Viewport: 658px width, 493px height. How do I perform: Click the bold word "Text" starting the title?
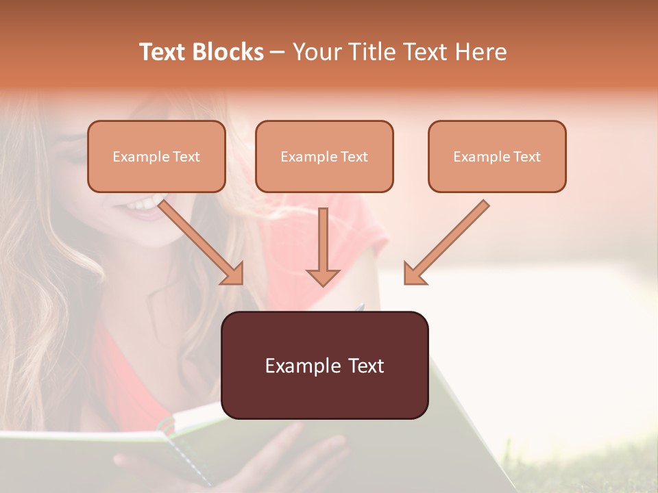(x=162, y=52)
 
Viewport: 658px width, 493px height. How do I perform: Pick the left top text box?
(x=156, y=156)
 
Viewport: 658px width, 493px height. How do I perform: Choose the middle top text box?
(x=324, y=156)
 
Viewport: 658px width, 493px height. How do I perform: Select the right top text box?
(x=497, y=156)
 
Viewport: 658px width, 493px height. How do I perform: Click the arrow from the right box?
(x=446, y=242)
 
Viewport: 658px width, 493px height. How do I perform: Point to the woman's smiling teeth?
(x=143, y=204)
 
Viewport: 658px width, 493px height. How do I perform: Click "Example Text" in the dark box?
(x=324, y=366)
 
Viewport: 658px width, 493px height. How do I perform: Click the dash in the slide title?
(x=278, y=52)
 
